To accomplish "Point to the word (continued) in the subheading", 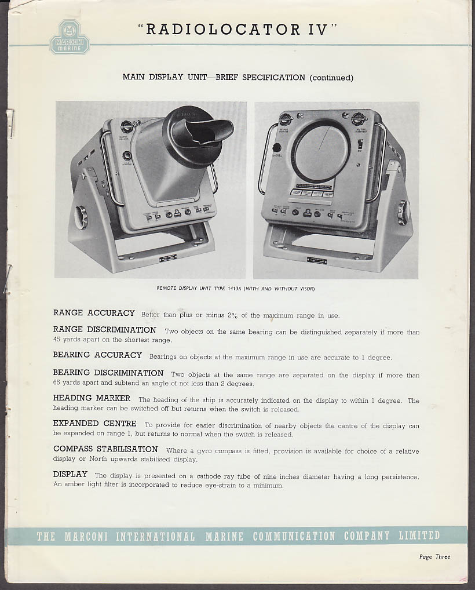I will [331, 77].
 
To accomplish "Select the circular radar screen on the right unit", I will [320, 151].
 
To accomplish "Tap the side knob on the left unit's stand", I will [81, 217].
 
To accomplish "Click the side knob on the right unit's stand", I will [401, 213].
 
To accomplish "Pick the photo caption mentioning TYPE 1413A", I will [236, 288].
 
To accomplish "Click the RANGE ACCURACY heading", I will [94, 313].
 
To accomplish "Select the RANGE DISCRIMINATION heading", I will [105, 330].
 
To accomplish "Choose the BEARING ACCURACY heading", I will [97, 355].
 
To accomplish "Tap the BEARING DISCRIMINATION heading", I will [108, 373].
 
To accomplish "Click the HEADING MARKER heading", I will [92, 398].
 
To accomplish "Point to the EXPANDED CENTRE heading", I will [95, 424].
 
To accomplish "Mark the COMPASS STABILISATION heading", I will [105, 449].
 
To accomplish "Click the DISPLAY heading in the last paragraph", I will [70, 474].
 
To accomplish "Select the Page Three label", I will [434, 557].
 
